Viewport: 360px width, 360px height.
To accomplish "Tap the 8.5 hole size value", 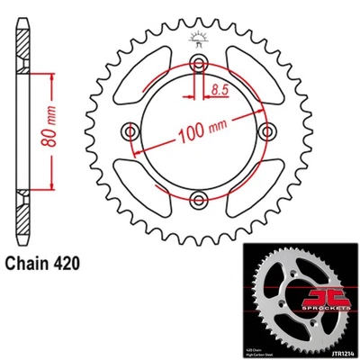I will (x=220, y=90).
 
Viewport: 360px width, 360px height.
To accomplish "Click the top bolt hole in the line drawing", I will (x=199, y=63).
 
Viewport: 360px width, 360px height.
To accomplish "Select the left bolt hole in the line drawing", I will (x=132, y=132).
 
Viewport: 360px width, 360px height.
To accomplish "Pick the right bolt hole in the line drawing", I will (x=265, y=131).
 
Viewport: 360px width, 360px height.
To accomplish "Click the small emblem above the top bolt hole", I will (x=199, y=38).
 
